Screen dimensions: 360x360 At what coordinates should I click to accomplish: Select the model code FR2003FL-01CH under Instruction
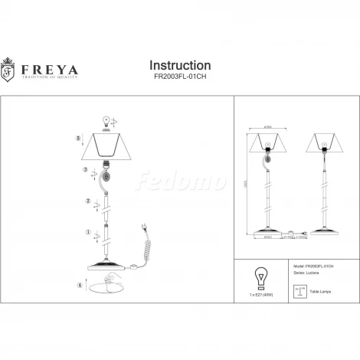tap(179, 79)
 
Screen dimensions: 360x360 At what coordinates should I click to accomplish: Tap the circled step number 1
tap(88, 231)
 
